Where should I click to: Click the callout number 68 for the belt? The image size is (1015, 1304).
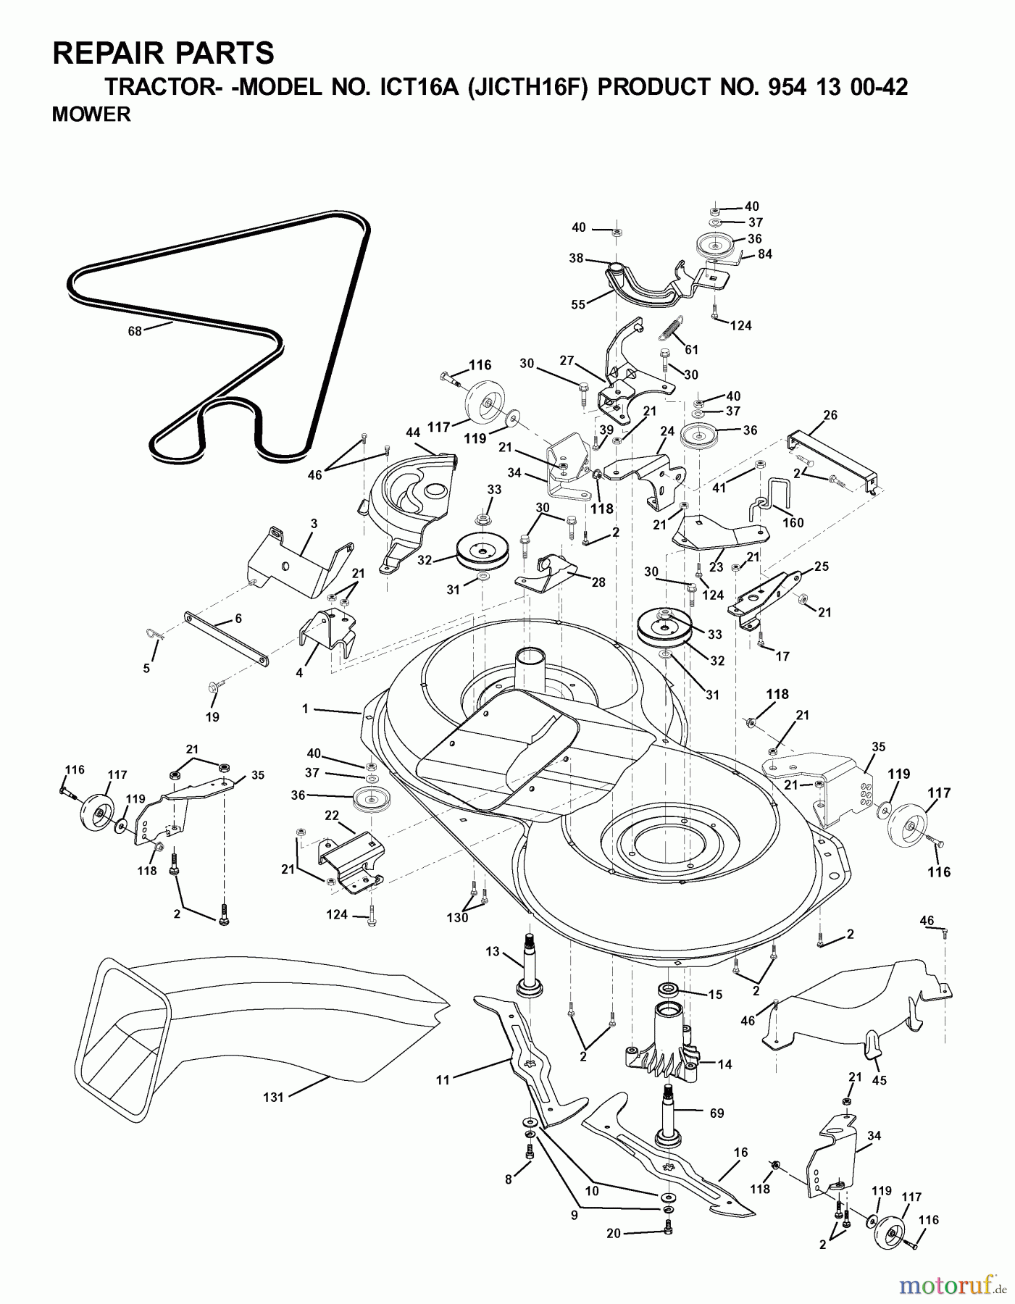point(135,332)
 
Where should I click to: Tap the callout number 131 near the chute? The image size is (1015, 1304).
point(273,1097)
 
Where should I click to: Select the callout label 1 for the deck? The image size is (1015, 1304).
point(305,709)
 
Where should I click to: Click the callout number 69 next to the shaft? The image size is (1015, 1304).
point(716,1113)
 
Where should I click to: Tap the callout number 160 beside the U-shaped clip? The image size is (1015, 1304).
point(793,522)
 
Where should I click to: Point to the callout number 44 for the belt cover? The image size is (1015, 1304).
point(413,432)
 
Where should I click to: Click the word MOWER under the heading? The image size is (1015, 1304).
point(91,114)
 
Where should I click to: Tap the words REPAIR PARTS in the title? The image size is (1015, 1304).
point(164,54)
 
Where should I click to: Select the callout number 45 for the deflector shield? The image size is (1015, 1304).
point(880,1081)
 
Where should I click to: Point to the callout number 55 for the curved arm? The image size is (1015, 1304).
point(578,306)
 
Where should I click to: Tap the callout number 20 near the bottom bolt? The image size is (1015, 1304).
point(613,1234)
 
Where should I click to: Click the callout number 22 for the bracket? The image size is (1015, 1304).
point(332,816)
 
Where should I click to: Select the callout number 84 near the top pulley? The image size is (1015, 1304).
point(765,254)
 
